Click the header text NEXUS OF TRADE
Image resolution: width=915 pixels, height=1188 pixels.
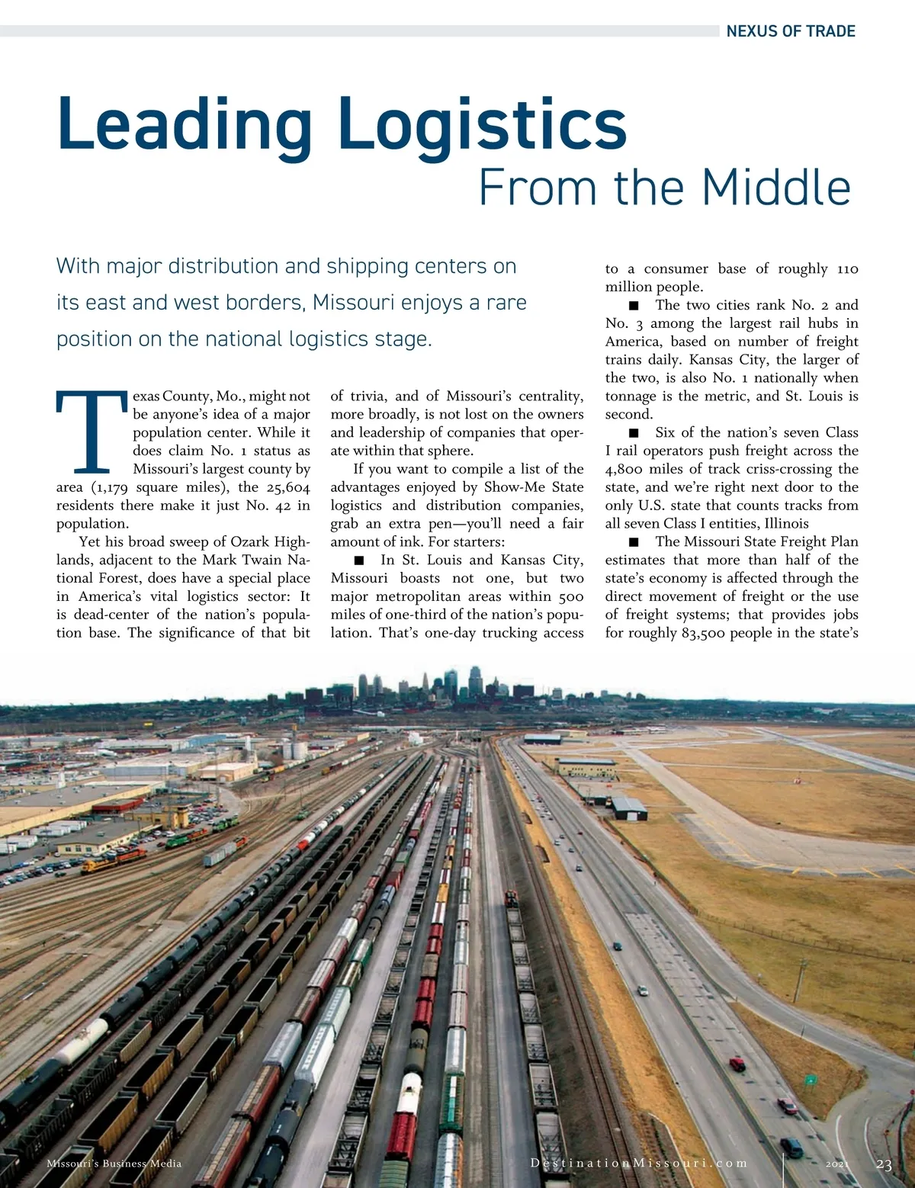click(x=790, y=31)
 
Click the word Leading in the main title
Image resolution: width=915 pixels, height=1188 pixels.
click(x=184, y=124)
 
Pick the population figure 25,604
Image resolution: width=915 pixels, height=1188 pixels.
click(x=286, y=487)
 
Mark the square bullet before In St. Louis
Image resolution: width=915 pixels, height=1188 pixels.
click(x=359, y=560)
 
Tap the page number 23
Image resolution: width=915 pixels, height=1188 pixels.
click(x=884, y=1164)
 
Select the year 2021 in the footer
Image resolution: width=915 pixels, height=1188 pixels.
click(x=836, y=1164)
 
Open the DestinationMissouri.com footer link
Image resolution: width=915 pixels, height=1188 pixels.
click(x=638, y=1164)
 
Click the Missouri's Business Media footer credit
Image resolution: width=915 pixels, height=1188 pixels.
click(x=114, y=1164)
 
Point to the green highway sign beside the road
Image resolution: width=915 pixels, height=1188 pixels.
click(x=811, y=1079)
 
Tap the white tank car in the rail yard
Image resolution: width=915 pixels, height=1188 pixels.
click(x=409, y=1093)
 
